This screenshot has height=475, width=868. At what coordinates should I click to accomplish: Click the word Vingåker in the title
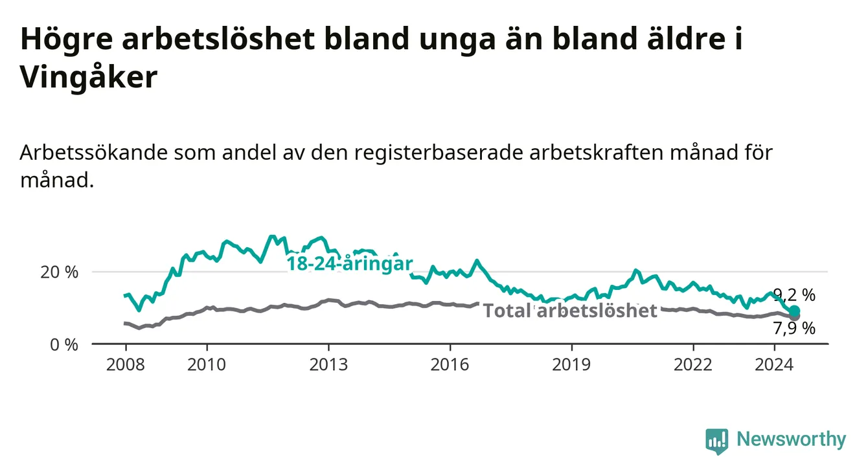[x=89, y=76]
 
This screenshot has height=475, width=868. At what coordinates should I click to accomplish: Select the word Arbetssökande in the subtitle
[x=94, y=152]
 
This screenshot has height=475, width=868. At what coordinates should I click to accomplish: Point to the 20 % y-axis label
[x=60, y=272]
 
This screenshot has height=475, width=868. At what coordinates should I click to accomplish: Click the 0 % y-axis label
[x=64, y=345]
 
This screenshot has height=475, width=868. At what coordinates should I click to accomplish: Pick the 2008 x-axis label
[x=126, y=365]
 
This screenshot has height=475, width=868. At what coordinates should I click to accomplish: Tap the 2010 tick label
[x=207, y=365]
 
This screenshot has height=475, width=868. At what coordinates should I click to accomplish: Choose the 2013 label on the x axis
[x=328, y=365]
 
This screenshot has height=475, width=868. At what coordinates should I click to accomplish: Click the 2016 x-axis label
[x=450, y=365]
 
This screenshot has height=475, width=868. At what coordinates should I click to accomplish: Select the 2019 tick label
[x=571, y=365]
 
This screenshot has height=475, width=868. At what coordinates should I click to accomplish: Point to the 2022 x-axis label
[x=693, y=365]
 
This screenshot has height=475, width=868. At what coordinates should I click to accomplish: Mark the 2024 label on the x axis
[x=774, y=365]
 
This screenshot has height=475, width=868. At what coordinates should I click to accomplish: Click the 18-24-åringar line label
[x=350, y=264]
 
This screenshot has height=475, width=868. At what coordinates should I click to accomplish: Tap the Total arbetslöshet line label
[x=571, y=311]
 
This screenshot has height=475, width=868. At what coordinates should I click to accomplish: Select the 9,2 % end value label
[x=794, y=295]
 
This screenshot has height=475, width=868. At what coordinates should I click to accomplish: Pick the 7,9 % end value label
[x=794, y=329]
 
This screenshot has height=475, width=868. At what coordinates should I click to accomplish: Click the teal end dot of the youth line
[x=794, y=311]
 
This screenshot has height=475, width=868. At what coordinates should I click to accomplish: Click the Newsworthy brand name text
[x=792, y=439]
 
